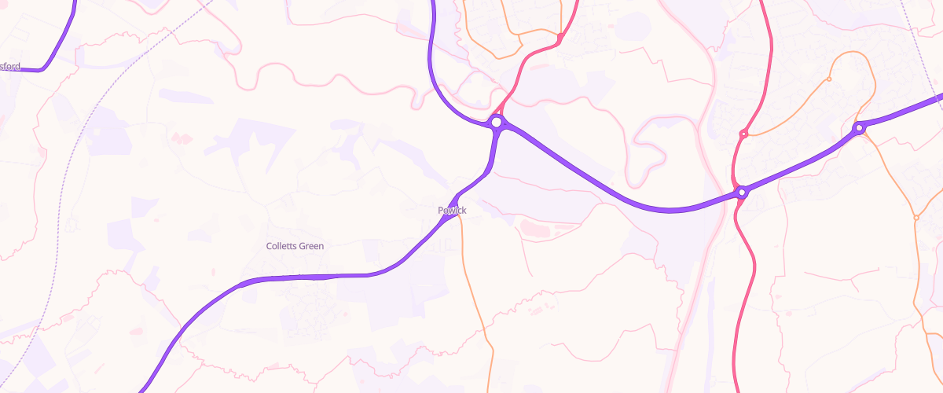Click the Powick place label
[x=452, y=210]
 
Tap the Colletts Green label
[x=295, y=246]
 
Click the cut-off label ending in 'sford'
[x=10, y=67]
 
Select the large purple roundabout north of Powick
[x=496, y=123]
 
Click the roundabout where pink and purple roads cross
[x=741, y=192]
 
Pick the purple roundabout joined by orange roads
[x=859, y=127]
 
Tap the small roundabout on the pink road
[x=743, y=134]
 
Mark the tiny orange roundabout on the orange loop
[x=829, y=79]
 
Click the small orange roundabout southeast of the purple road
[x=916, y=217]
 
